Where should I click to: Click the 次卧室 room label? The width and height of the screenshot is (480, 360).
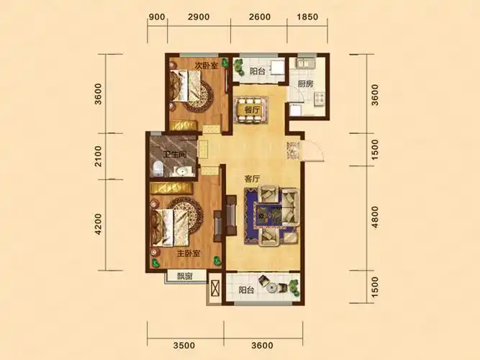(207, 66)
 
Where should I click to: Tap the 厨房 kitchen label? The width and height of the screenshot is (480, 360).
(306, 84)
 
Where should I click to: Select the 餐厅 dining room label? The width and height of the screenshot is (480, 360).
(252, 109)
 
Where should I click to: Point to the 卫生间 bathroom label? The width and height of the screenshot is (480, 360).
(175, 154)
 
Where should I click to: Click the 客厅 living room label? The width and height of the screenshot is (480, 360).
(252, 179)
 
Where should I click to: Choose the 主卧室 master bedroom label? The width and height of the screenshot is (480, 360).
(189, 253)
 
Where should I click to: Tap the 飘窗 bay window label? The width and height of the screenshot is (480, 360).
(185, 276)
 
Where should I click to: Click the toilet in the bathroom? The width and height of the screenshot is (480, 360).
(158, 168)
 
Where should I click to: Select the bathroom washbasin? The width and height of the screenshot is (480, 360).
(182, 171)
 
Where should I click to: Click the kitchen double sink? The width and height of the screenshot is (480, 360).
(304, 63)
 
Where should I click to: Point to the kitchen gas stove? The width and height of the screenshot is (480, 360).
(320, 99)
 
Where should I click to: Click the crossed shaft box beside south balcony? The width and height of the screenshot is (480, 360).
(215, 288)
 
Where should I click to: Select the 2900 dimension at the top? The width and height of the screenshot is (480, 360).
(199, 17)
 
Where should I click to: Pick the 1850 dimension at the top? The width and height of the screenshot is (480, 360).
(307, 17)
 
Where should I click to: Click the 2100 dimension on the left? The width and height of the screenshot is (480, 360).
(99, 156)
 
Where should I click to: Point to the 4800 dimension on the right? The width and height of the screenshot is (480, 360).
(375, 217)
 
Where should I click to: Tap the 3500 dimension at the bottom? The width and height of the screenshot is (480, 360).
(184, 346)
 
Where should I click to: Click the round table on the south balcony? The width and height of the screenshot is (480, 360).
(271, 288)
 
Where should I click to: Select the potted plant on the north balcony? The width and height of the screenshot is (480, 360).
(238, 66)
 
